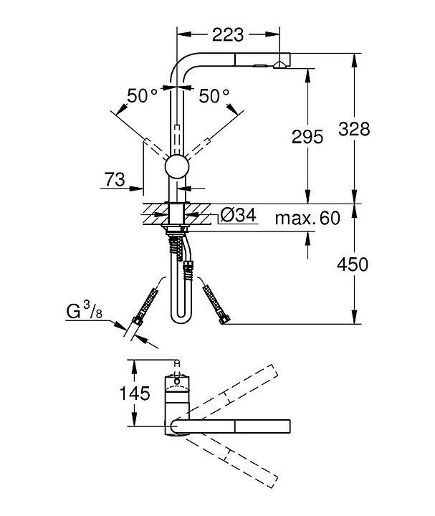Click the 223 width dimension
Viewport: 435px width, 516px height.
tap(228, 34)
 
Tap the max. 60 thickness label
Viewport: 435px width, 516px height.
tap(307, 218)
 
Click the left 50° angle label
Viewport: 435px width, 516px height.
tap(142, 95)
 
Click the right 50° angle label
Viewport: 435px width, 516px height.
tap(214, 95)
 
